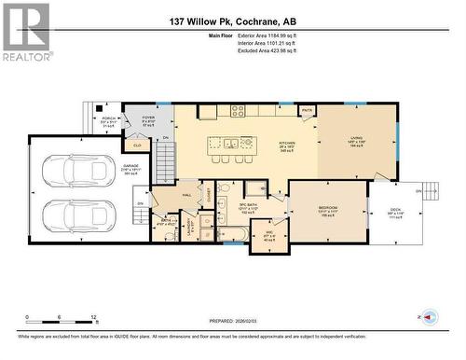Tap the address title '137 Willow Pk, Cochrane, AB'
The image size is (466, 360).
tap(233, 21)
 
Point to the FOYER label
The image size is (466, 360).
tap(147, 121)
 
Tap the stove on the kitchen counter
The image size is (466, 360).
tap(238, 112)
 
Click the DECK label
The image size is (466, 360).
tap(395, 209)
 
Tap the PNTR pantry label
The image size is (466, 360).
tap(307, 111)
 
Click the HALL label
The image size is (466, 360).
tap(185, 194)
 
